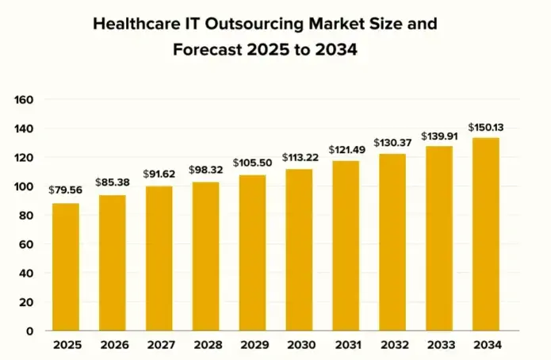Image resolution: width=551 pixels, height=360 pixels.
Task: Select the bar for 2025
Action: [x=66, y=267]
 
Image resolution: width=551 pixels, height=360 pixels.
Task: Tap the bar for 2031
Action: [x=345, y=246]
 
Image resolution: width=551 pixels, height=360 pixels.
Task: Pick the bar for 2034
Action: [x=485, y=234]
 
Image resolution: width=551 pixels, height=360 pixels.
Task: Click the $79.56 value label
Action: [x=65, y=190]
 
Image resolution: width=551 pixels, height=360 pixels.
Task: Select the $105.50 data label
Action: [x=252, y=163]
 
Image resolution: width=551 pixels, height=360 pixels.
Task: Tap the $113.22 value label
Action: [x=299, y=156]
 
